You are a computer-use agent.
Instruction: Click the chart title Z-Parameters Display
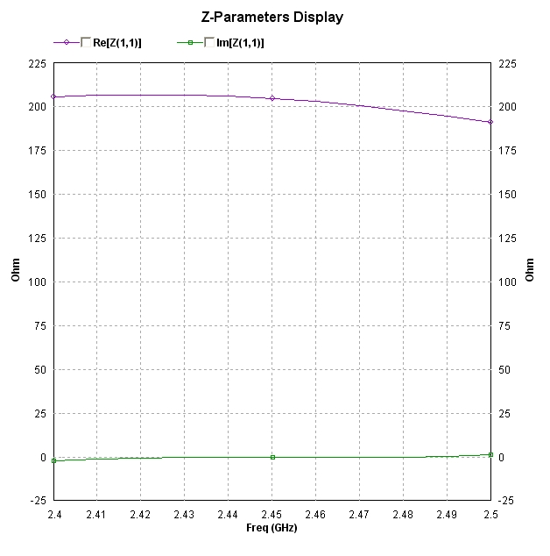coord(272,17)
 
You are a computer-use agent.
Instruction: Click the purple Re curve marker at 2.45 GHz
coord(272,98)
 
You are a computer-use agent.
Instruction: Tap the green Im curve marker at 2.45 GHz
coord(272,457)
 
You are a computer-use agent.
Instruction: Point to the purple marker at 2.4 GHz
coord(53,96)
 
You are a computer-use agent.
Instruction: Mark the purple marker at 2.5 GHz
coord(490,122)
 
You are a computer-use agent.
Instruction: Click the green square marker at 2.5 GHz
coord(490,454)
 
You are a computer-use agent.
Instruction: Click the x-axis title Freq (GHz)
coord(272,528)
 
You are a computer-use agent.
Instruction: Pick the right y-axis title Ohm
coord(530,270)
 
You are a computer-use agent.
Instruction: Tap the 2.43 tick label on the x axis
coord(184,515)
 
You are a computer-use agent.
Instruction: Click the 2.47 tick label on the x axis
coord(359,515)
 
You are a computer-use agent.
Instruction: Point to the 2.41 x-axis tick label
coord(96,515)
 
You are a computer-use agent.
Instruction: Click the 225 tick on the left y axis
coord(37,64)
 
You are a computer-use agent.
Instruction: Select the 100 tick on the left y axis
coord(37,282)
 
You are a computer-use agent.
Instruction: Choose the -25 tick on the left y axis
coord(37,500)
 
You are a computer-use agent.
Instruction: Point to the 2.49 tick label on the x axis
coord(447,515)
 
